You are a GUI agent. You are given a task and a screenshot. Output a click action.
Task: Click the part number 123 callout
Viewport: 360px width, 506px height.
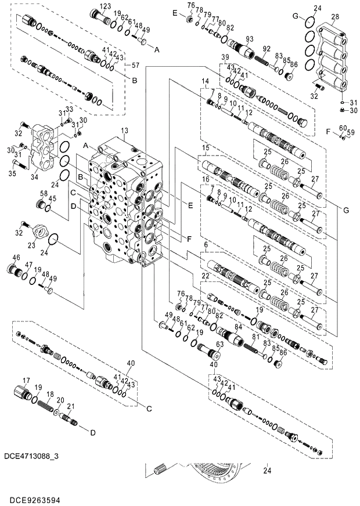pos(105,6)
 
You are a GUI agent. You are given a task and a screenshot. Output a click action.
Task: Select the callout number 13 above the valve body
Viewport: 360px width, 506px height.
pos(124,132)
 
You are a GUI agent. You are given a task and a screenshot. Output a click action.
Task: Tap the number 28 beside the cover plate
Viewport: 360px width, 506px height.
pos(335,18)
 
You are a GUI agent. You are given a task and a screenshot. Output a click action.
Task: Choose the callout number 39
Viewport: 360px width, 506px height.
pos(225,56)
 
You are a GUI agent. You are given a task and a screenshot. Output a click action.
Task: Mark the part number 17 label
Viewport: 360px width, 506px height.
pos(26,380)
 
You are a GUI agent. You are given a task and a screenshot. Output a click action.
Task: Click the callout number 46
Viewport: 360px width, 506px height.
pos(16,257)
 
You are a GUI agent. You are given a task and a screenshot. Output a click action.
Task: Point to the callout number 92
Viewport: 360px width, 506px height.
pos(267,48)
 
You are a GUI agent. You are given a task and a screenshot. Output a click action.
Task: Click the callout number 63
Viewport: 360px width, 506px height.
pos(219,344)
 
